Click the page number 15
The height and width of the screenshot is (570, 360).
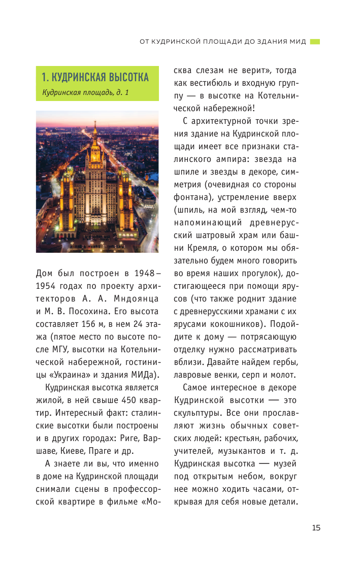(316, 527)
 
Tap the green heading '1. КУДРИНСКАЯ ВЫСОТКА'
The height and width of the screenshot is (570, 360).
(95, 77)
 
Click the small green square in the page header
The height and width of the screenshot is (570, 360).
(315, 42)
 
